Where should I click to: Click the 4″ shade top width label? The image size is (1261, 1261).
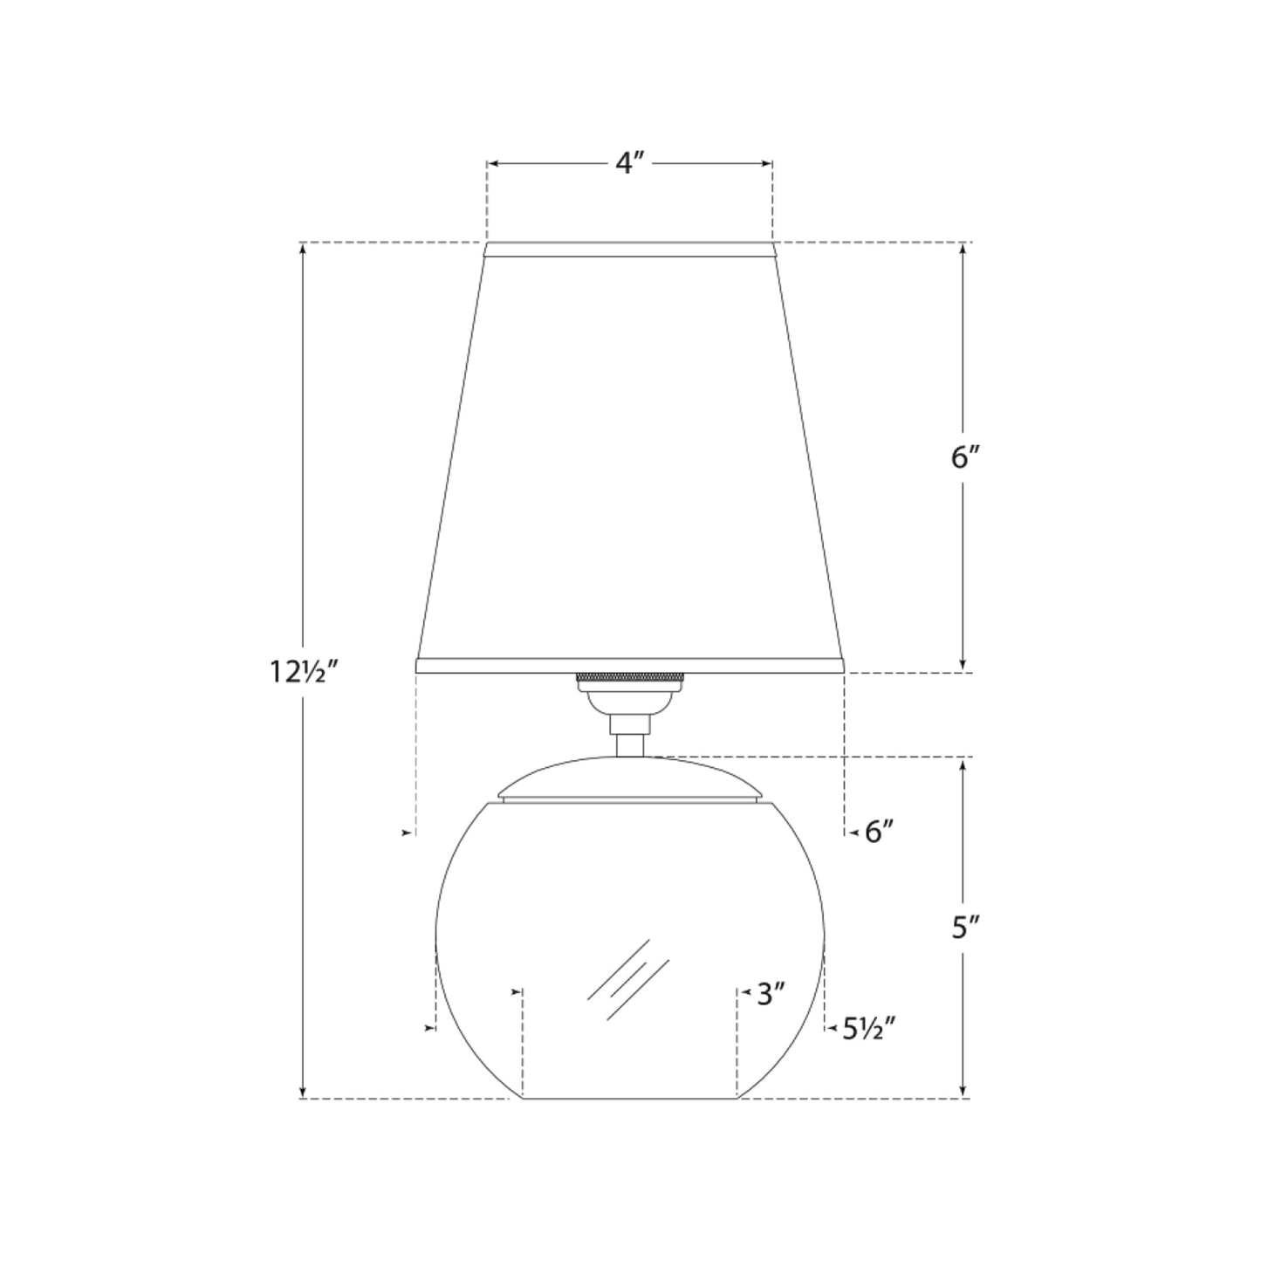pyautogui.click(x=629, y=163)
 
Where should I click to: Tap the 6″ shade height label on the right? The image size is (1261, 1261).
pyautogui.click(x=962, y=457)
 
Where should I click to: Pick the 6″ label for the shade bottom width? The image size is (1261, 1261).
pyautogui.click(x=880, y=833)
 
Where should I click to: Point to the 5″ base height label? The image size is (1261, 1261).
pyautogui.click(x=962, y=929)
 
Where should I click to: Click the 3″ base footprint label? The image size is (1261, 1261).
pyautogui.click(x=771, y=994)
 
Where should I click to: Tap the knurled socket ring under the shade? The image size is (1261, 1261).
pyautogui.click(x=628, y=678)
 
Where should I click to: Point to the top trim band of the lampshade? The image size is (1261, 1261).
pyautogui.click(x=629, y=250)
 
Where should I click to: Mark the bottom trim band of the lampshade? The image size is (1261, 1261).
pyautogui.click(x=629, y=665)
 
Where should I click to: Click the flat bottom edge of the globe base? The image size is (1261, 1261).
pyautogui.click(x=629, y=1098)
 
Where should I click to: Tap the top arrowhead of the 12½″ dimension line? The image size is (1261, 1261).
pyautogui.click(x=303, y=248)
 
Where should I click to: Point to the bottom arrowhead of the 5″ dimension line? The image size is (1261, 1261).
pyautogui.click(x=963, y=1092)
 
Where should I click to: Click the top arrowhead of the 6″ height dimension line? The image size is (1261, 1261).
pyautogui.click(x=963, y=249)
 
